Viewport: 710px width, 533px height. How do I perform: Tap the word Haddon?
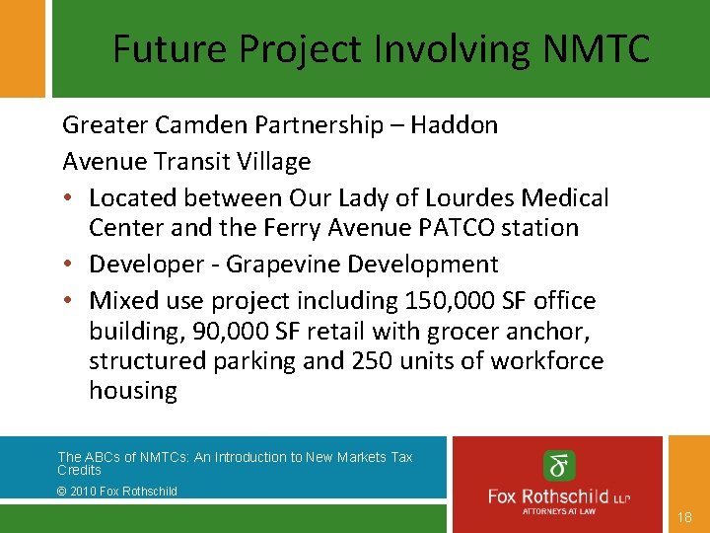click(455, 125)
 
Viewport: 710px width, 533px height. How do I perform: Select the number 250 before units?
click(370, 360)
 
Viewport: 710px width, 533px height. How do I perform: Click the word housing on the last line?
click(133, 391)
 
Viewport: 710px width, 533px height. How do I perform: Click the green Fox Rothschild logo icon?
click(559, 465)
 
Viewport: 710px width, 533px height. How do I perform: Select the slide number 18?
click(685, 517)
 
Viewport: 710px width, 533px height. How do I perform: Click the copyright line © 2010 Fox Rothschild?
click(117, 491)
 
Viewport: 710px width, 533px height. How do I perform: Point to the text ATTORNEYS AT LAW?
click(559, 512)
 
